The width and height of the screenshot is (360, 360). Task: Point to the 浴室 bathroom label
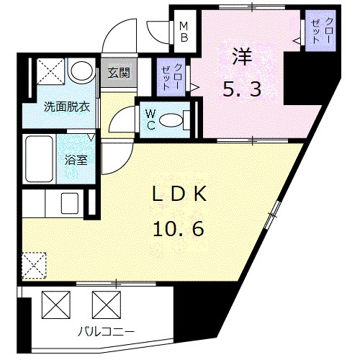point(77,160)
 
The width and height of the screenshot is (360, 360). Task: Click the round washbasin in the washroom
point(81,71)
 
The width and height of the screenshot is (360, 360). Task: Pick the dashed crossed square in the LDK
point(34,264)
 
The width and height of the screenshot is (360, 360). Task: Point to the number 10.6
point(178,228)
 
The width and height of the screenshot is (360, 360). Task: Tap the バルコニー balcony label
point(107,331)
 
